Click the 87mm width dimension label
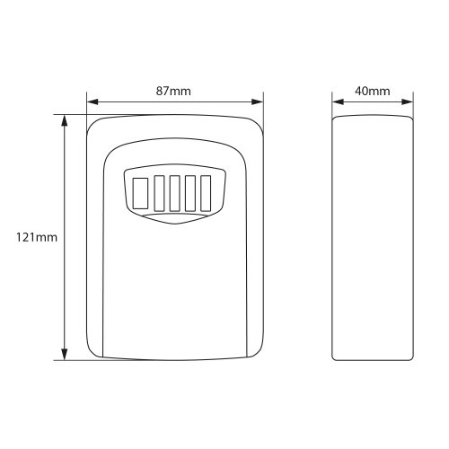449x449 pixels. (173, 91)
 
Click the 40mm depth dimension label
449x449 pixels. (373, 91)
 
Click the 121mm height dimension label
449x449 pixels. (37, 238)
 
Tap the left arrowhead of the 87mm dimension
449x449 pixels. (92, 101)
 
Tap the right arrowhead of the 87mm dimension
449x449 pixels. (258, 101)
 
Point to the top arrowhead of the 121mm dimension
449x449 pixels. (64, 121)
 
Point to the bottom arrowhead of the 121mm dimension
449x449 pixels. (64, 354)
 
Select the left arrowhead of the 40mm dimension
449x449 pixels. (338, 101)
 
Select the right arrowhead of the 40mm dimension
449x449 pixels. (408, 101)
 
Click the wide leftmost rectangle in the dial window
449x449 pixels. (140, 193)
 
